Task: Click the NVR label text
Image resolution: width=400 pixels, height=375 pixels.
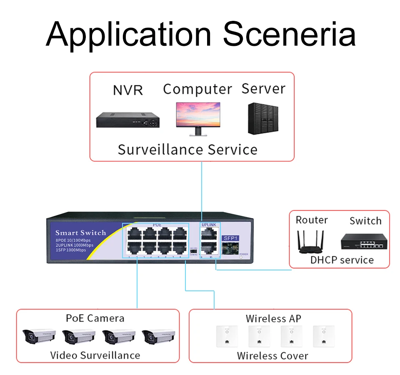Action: pos(128,90)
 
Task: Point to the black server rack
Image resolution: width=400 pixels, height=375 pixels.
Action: pos(263,118)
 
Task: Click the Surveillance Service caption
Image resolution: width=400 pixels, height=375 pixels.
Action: pos(187,150)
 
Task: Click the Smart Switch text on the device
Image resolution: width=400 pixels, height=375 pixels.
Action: pos(81,233)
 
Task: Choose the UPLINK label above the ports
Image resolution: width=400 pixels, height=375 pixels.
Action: pos(209,225)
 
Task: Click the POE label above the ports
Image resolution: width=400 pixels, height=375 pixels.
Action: pos(157,225)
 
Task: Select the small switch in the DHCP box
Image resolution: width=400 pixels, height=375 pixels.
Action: pos(362,242)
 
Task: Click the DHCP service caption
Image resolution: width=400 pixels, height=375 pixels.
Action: pos(342,260)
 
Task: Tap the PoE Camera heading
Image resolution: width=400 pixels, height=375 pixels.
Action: pos(95,318)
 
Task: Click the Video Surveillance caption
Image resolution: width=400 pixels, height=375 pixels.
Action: pos(95,355)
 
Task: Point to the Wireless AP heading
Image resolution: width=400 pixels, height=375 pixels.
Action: pos(273,319)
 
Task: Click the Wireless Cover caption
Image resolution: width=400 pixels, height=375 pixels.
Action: pos(272,356)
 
